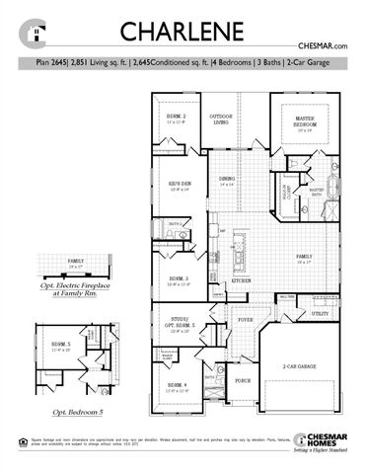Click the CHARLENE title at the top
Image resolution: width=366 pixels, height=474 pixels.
182,32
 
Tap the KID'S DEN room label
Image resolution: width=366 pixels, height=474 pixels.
178,185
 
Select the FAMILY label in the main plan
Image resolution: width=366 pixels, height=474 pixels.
304,257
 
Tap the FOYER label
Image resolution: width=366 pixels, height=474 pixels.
245,320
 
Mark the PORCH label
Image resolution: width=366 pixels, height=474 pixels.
243,379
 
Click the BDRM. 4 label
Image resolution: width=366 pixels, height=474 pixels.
178,386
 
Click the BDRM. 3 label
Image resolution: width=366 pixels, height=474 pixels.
179,280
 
